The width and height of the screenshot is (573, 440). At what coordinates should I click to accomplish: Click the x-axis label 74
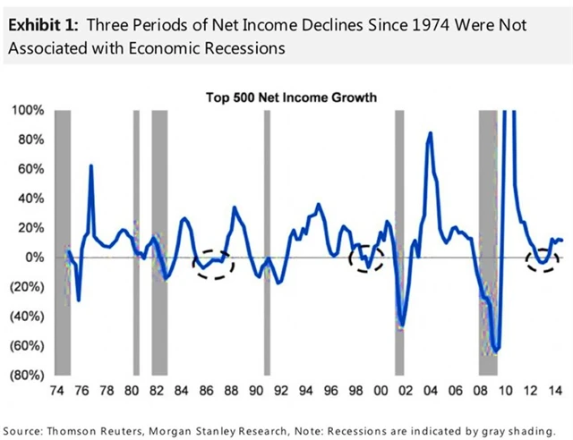point(56,391)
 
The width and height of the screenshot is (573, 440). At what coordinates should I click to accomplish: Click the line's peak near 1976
point(91,166)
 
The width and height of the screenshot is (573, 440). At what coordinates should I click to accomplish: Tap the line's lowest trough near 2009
point(497,350)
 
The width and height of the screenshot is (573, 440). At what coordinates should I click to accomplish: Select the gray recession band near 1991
point(267,241)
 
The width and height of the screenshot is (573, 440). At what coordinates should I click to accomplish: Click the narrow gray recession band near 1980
point(136,241)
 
